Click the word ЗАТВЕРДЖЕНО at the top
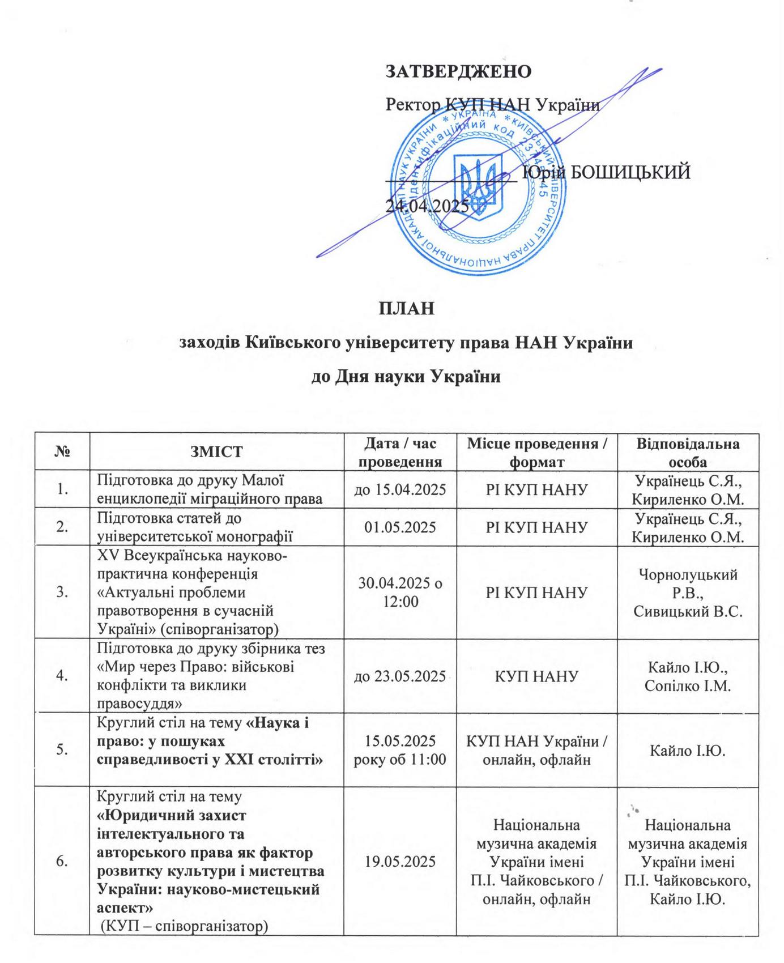coord(458,71)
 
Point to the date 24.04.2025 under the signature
coord(428,205)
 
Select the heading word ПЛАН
coord(406,309)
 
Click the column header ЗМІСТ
coord(217,451)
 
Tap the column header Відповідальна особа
coord(688,451)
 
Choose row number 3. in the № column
coord(63,593)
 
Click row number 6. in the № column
coord(63,862)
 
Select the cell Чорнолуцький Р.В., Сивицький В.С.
coord(688,593)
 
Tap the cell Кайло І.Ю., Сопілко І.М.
coord(688,676)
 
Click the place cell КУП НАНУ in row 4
coord(536,676)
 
